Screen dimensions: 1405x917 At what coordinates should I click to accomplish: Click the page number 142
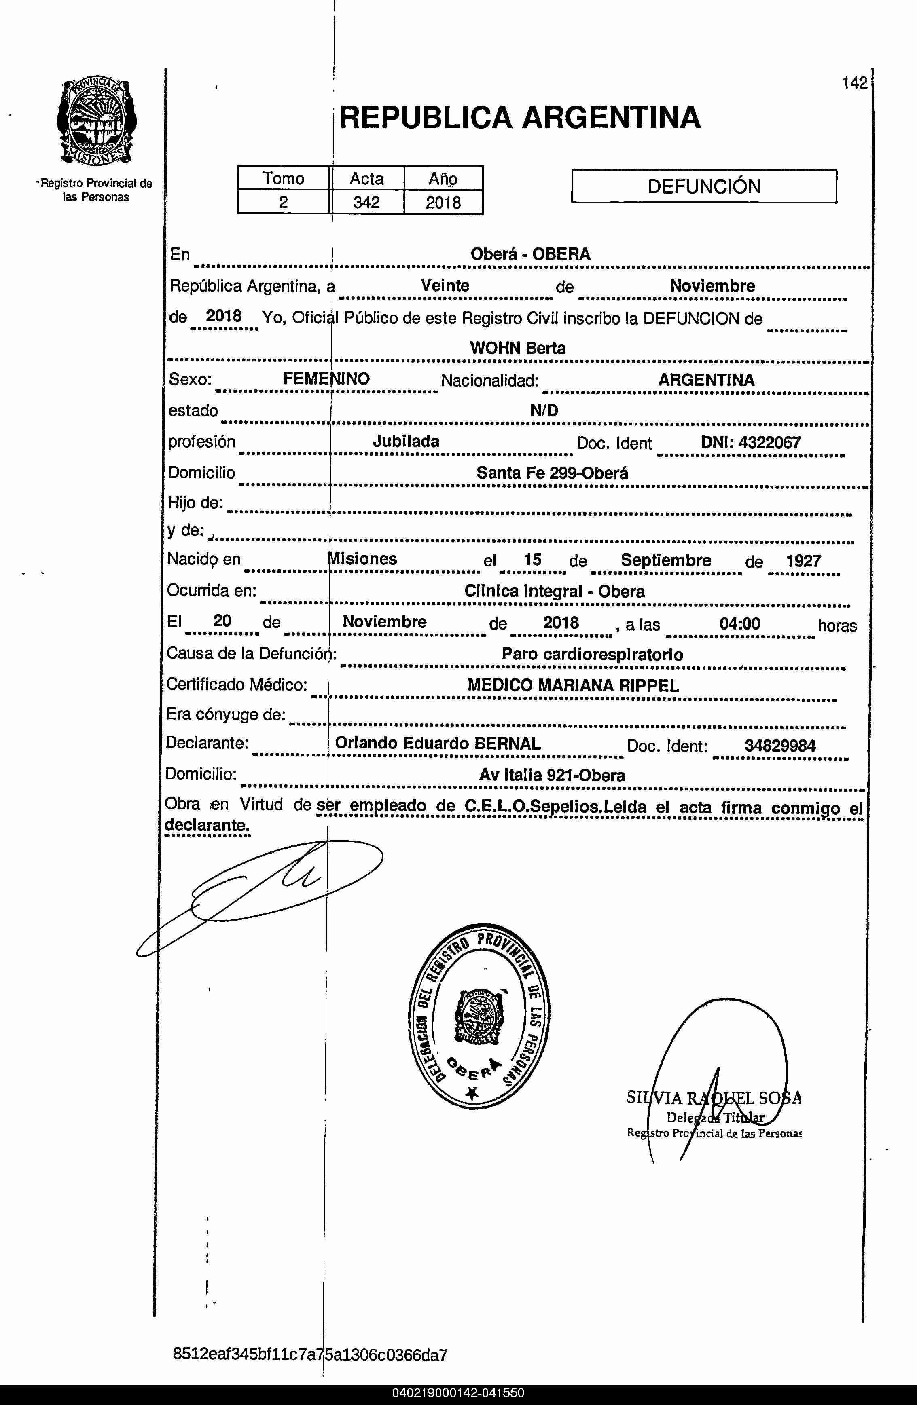pos(854,83)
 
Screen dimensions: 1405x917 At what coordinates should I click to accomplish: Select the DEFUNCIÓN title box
pos(703,186)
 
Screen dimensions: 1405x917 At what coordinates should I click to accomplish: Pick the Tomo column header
pos(284,178)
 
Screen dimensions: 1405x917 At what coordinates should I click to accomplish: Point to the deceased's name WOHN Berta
pos(517,348)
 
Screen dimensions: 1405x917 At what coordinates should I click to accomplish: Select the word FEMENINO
pos(326,379)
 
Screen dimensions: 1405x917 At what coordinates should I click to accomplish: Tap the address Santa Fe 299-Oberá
pos(552,473)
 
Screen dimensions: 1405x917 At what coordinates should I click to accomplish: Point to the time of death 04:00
pos(739,623)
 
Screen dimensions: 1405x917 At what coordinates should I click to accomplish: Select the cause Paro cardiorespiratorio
pos(592,654)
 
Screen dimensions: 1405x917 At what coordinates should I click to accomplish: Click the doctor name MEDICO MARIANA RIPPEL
pos(573,685)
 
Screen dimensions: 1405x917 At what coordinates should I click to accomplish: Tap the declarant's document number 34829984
pos(779,746)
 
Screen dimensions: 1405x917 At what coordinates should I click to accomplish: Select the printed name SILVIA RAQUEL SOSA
pos(713,1098)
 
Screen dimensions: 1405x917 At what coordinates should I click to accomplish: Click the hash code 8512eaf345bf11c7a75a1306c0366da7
pos(310,1354)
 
